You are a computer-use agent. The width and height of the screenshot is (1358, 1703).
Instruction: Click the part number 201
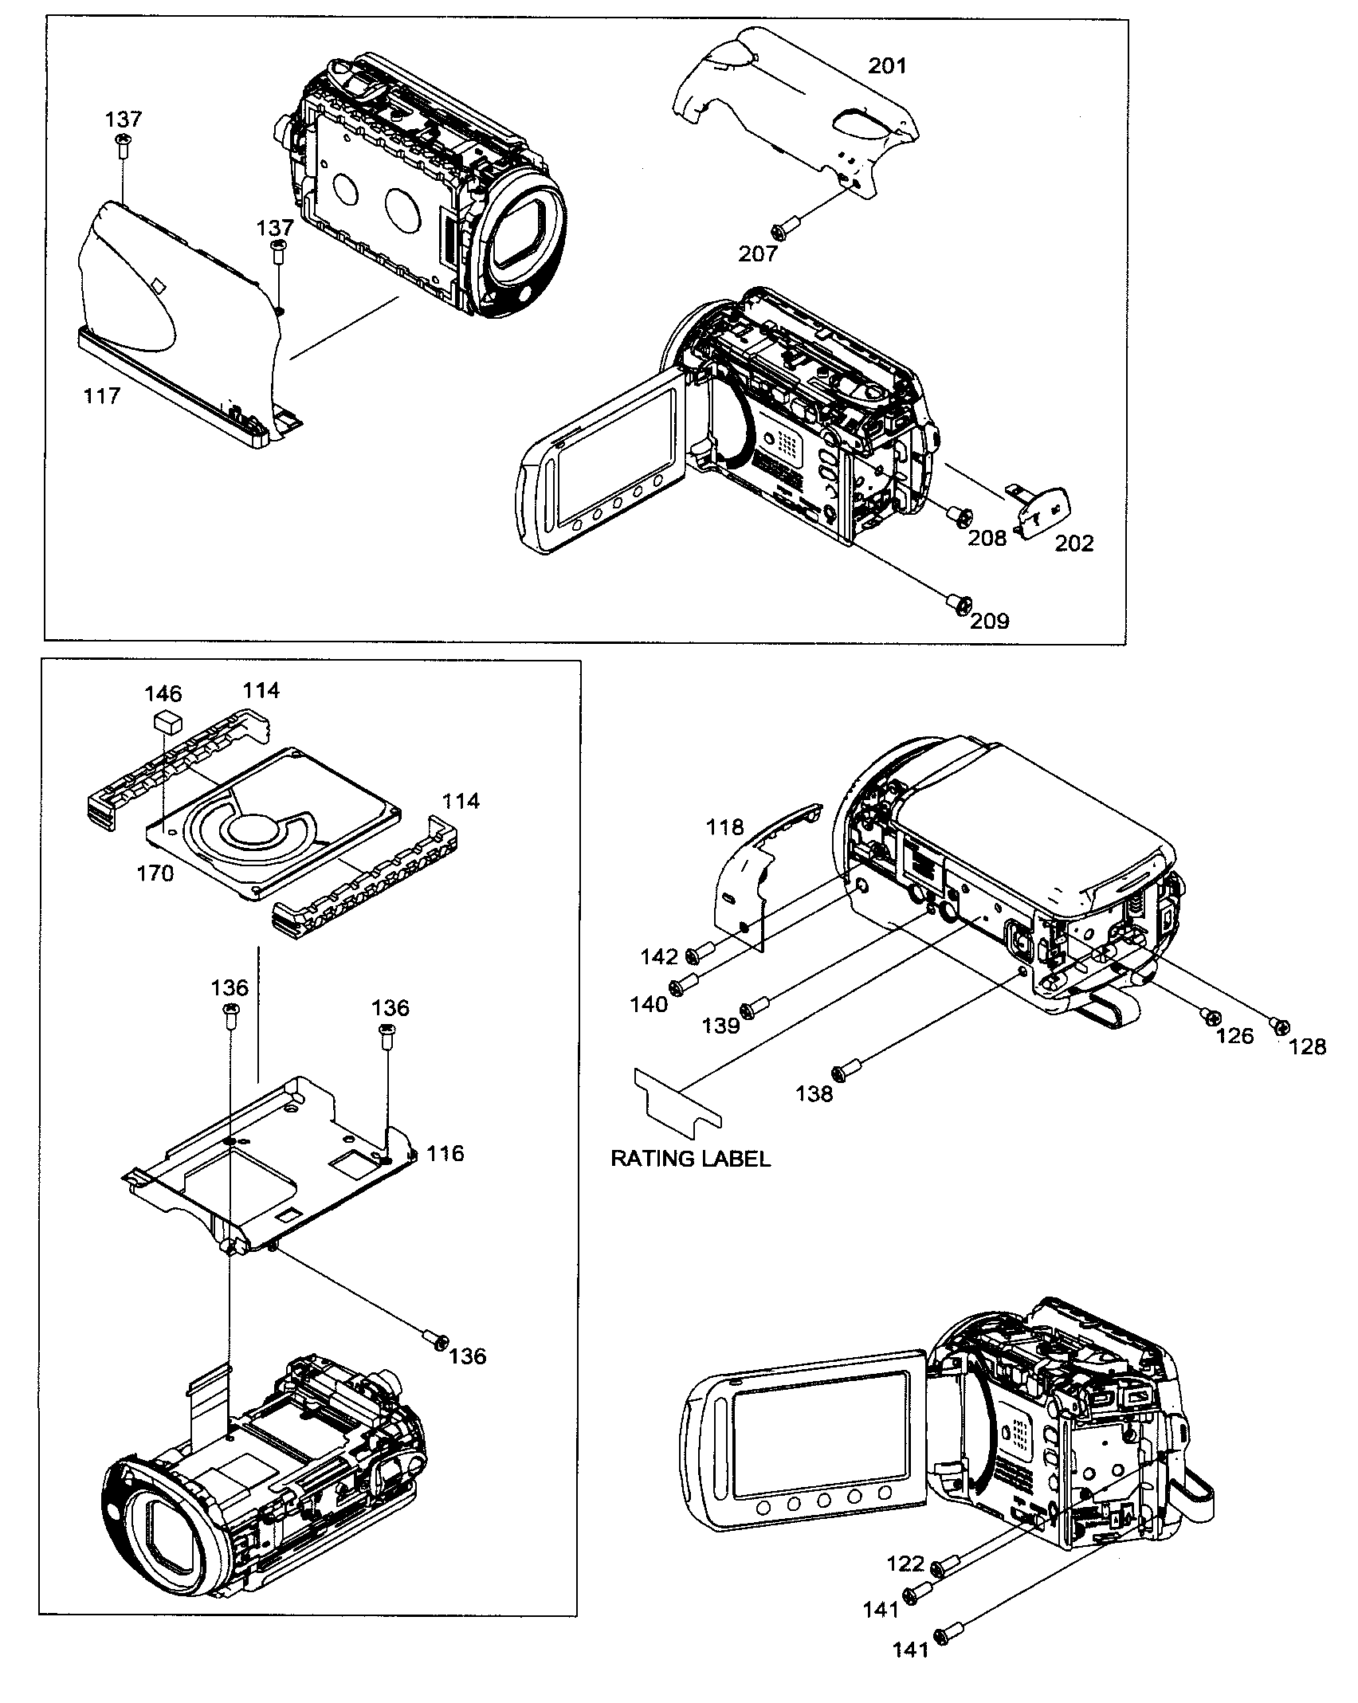[x=887, y=65]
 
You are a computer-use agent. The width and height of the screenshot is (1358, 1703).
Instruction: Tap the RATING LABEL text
[x=690, y=1159]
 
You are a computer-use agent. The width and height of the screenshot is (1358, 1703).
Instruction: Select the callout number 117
[x=102, y=395]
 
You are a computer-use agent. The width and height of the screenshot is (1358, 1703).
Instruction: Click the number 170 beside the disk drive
[x=155, y=873]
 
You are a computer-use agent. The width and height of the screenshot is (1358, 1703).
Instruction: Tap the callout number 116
[x=445, y=1153]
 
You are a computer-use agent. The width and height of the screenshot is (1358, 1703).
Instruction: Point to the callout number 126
[x=1234, y=1036]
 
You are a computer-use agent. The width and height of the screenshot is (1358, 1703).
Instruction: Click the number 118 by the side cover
[x=724, y=827]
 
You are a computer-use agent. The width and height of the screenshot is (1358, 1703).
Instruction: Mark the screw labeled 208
[x=959, y=516]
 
